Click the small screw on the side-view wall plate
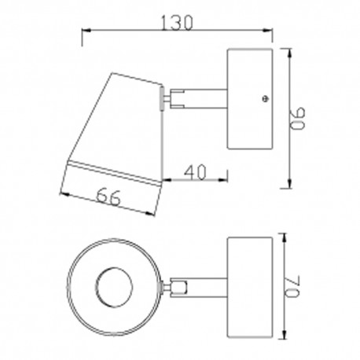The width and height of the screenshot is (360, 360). click(x=265, y=99)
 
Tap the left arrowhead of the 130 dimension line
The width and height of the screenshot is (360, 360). click(x=86, y=31)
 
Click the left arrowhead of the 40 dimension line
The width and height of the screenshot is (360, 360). click(x=167, y=179)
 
